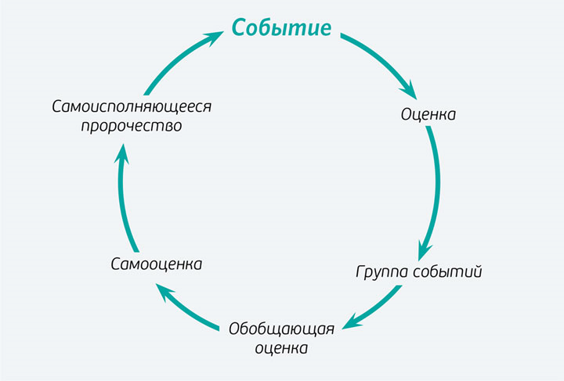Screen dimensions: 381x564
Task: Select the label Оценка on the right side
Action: tap(428, 114)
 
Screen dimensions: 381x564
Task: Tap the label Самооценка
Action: tap(157, 264)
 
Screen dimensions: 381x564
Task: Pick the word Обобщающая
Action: tap(282, 328)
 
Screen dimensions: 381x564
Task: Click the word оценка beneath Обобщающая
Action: tap(282, 347)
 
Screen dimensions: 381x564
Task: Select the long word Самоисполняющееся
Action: tap(132, 106)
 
